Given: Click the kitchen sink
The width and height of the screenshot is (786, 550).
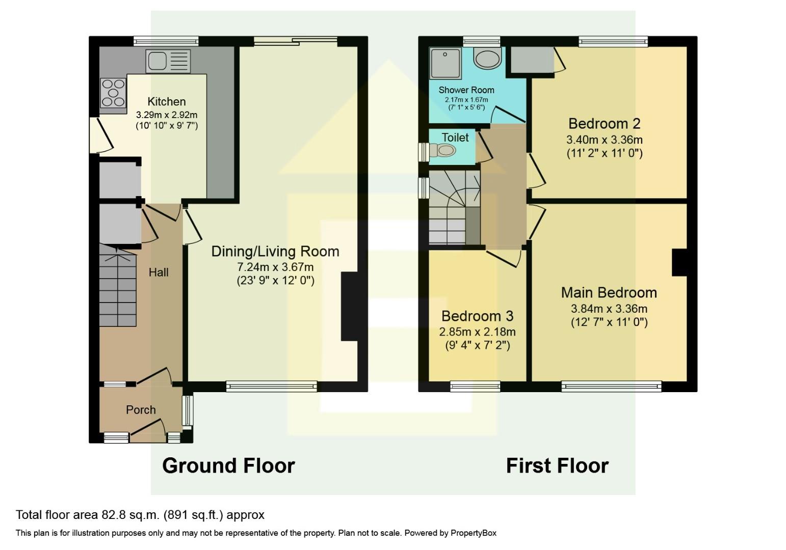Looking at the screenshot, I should click(x=168, y=61).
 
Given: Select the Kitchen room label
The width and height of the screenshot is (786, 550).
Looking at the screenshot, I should click(x=167, y=101).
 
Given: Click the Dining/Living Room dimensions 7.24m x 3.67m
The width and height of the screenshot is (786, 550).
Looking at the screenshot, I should click(x=275, y=267).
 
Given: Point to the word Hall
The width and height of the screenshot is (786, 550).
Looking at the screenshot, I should click(x=159, y=272).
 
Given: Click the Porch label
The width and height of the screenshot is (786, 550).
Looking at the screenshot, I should click(x=141, y=410).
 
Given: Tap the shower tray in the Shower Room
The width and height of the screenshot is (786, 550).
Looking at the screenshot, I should click(x=445, y=63).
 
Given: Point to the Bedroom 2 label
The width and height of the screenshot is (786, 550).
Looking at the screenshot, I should click(x=604, y=124).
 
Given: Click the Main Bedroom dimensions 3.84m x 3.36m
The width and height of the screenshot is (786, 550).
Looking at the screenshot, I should click(x=609, y=309).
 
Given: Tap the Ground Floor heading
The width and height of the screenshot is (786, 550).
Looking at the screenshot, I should click(x=228, y=465).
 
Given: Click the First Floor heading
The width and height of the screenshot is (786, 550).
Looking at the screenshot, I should click(x=557, y=465).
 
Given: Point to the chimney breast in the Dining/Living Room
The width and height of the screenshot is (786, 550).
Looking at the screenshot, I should click(x=350, y=306).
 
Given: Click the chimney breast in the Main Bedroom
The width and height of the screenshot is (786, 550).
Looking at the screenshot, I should click(x=679, y=262).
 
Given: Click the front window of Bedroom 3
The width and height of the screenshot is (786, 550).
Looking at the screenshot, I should click(x=475, y=387).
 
